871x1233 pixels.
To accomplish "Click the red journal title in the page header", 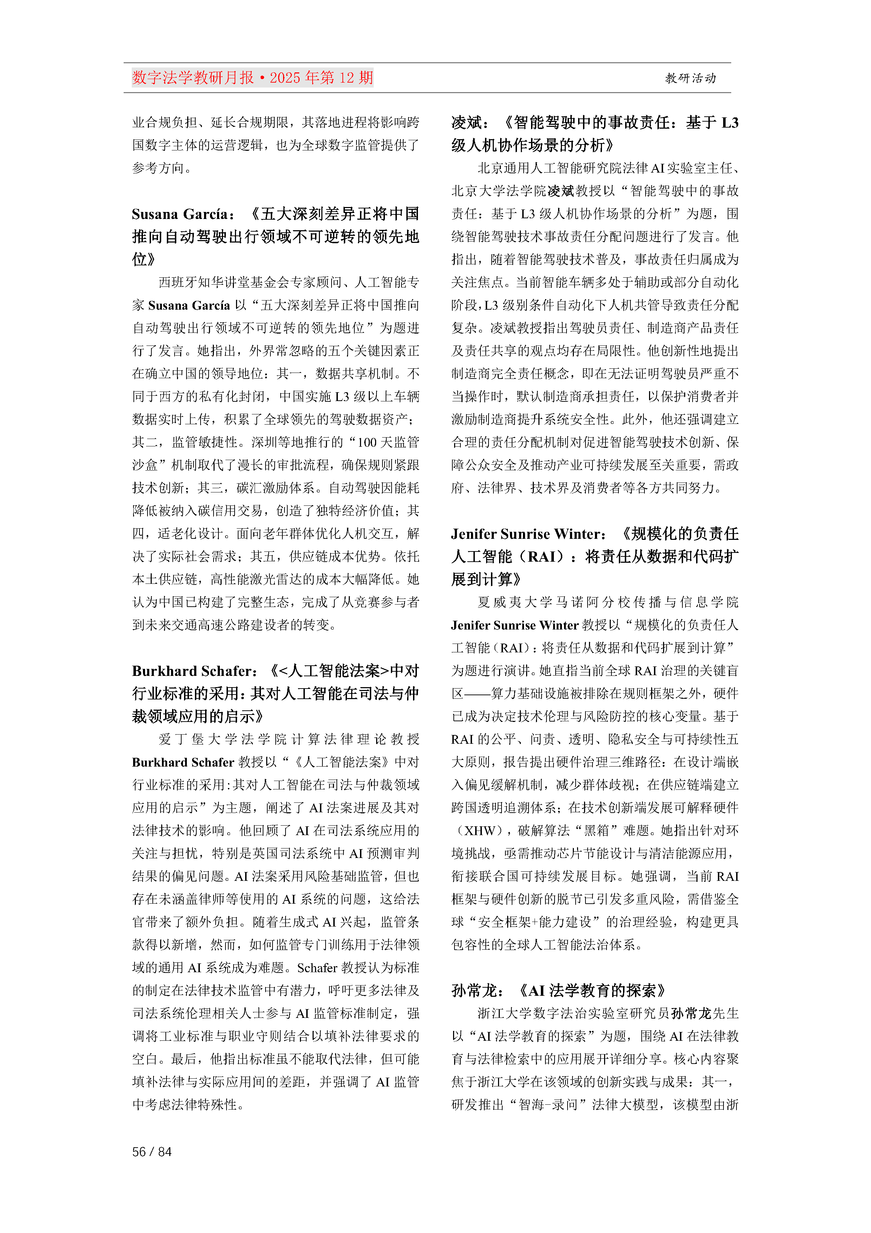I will click(x=252, y=78).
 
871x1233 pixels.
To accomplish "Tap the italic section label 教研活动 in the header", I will click(x=690, y=78).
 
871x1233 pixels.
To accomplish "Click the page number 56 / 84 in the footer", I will click(x=152, y=1151).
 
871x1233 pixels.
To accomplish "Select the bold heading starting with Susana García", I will click(x=275, y=236).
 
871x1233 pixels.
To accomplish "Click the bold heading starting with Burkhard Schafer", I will click(x=275, y=693).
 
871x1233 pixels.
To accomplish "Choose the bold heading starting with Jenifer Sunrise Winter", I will click(x=595, y=556).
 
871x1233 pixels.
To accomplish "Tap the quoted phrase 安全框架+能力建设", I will click(x=535, y=922).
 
